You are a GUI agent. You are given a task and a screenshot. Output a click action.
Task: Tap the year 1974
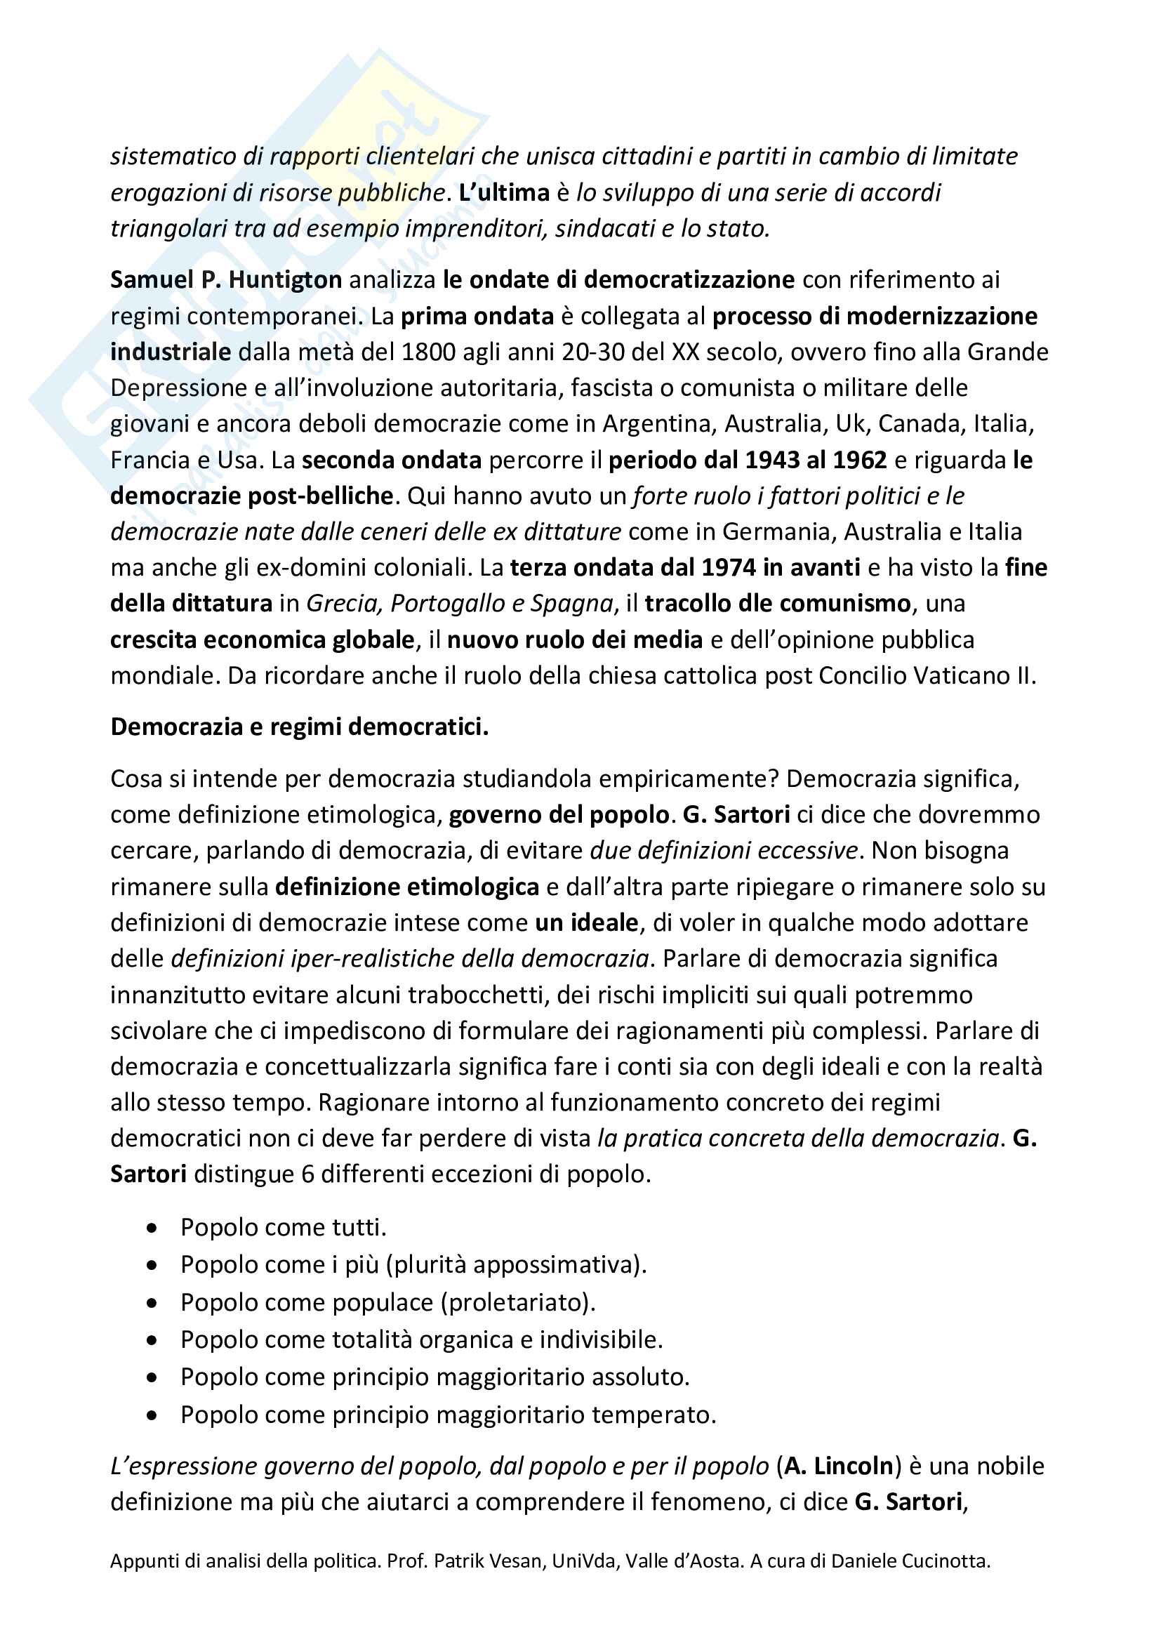click(728, 567)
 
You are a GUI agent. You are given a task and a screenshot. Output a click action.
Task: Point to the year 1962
click(856, 460)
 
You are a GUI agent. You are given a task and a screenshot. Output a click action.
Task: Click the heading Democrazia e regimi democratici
click(300, 727)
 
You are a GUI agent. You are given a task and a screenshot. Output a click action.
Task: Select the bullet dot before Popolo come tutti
click(152, 1228)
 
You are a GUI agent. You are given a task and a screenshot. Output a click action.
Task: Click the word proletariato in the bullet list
click(517, 1302)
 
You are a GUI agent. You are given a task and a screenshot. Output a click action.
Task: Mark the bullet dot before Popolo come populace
click(152, 1303)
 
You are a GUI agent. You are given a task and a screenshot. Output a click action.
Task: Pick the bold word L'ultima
click(504, 192)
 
